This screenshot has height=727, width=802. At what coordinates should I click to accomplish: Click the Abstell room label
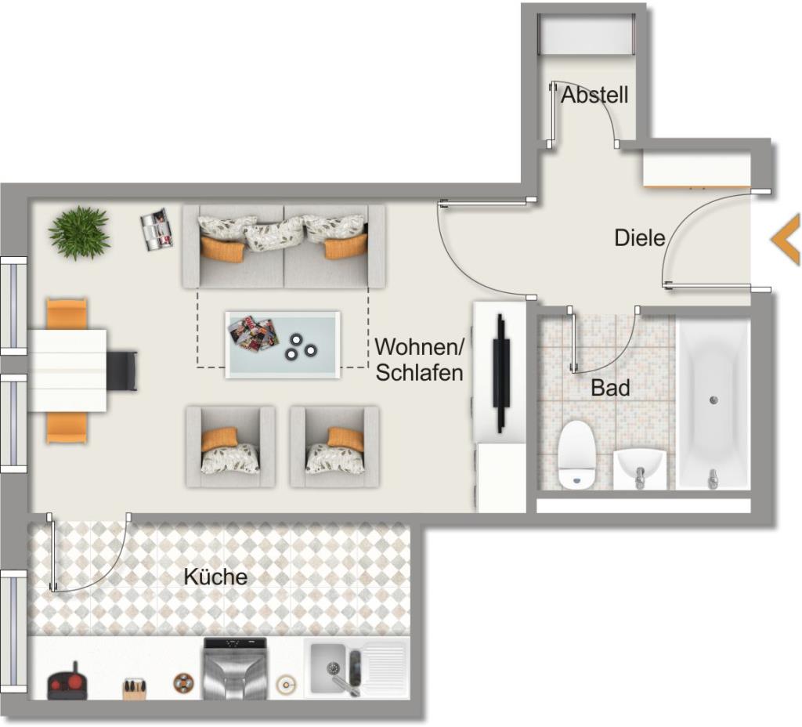tap(594, 95)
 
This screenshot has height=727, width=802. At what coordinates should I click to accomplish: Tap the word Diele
tap(639, 238)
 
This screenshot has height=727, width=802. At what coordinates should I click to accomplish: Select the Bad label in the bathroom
tap(610, 388)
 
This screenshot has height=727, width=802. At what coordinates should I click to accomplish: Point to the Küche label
tap(215, 577)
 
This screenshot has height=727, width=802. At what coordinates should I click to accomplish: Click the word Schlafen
tap(420, 372)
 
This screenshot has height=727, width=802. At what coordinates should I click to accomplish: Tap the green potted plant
tap(79, 233)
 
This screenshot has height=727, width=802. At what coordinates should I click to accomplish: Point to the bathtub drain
tap(713, 400)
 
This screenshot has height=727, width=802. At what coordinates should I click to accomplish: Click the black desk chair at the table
tap(122, 371)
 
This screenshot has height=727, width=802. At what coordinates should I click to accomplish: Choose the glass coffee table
tap(283, 345)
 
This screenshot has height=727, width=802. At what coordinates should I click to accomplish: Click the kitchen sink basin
tap(328, 668)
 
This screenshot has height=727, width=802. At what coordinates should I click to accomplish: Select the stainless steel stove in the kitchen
tap(235, 668)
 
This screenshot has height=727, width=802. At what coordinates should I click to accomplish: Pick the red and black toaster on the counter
tap(67, 682)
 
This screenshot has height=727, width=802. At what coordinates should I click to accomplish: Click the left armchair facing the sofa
tap(231, 447)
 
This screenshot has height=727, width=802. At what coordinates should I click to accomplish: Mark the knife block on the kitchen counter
tap(135, 689)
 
